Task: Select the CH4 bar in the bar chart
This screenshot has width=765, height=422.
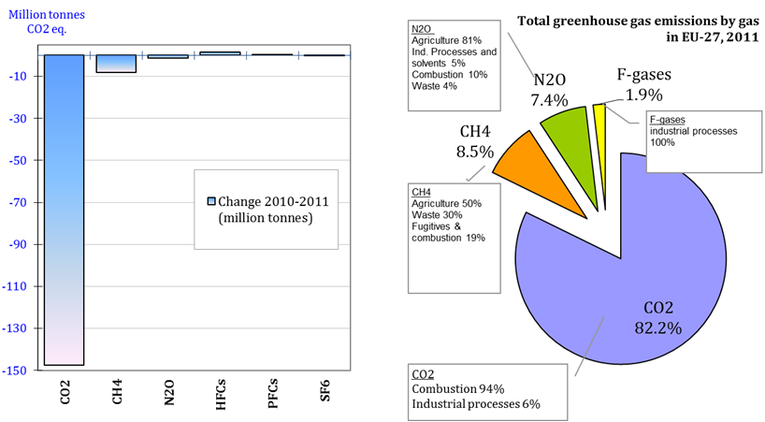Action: coord(117,63)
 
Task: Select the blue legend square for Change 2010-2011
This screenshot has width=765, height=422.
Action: coord(210,201)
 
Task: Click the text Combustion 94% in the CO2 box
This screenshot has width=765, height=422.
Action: coord(458,388)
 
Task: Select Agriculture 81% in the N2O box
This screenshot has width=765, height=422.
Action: coord(446,40)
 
